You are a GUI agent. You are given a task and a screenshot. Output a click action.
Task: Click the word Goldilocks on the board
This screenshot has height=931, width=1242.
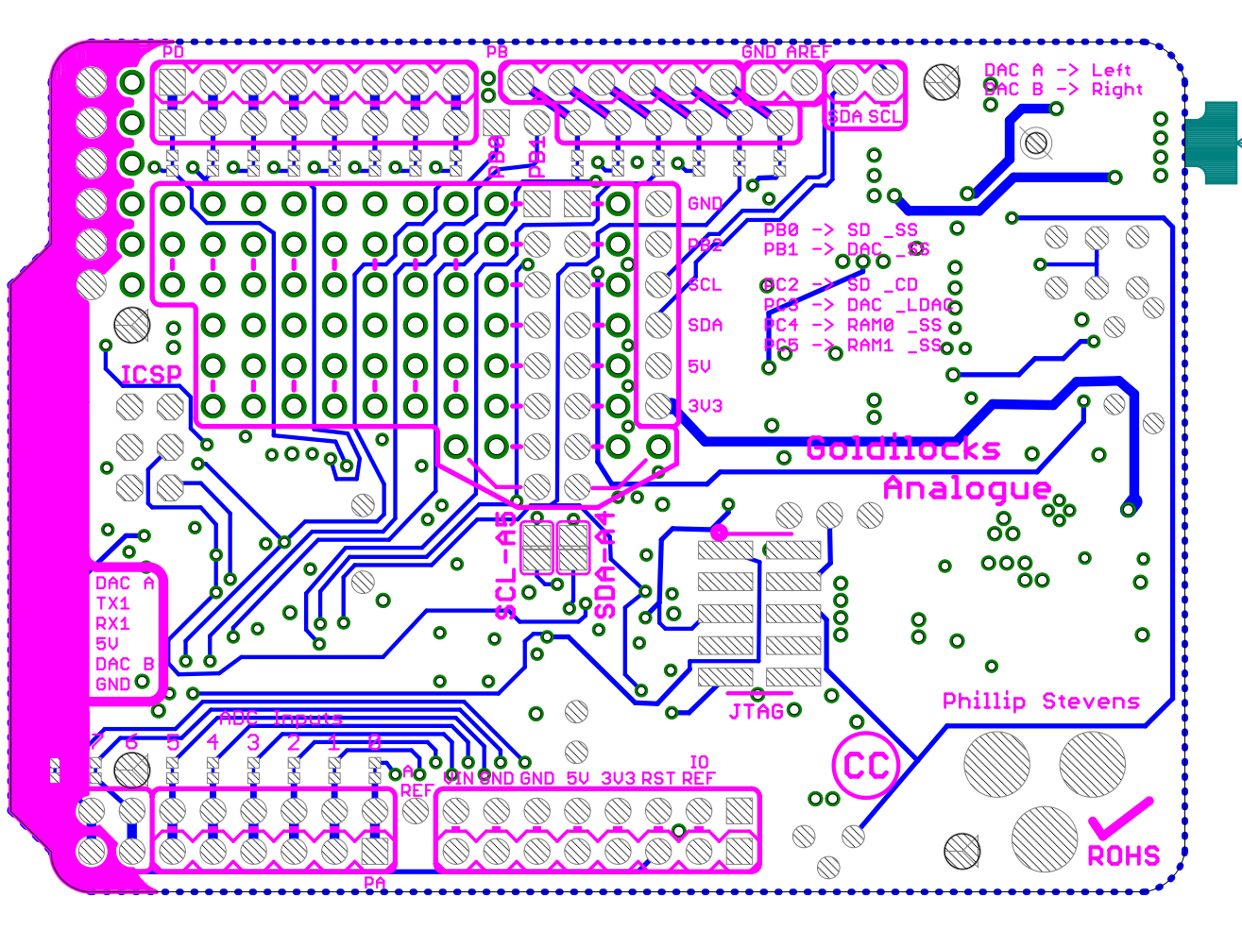pos(903,449)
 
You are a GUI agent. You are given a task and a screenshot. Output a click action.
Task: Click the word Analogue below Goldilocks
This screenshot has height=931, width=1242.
pos(966,488)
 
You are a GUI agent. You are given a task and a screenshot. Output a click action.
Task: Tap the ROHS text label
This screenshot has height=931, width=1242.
pos(1123,856)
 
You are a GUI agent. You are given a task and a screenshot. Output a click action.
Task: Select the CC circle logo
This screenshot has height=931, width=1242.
pos(866,765)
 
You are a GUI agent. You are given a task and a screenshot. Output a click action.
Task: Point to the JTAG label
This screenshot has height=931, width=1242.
pos(757,711)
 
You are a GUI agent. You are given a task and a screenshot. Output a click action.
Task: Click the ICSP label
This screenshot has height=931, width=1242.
pos(151,375)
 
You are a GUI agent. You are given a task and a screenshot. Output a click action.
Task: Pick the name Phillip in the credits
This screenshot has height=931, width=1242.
pos(984,701)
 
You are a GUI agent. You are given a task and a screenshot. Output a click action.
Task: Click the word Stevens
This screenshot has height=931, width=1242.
pos(1091,701)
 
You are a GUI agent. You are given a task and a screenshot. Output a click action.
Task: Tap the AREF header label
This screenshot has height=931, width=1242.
pos(808,52)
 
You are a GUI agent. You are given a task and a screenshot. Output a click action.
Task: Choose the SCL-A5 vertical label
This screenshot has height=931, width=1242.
pos(507,567)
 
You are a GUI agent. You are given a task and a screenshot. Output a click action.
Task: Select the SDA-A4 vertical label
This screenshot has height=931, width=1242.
pos(605,567)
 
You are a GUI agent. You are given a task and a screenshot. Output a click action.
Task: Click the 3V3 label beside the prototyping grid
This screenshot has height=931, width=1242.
pos(705,406)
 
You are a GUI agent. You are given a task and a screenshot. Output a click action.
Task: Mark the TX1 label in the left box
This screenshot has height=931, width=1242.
pos(112,603)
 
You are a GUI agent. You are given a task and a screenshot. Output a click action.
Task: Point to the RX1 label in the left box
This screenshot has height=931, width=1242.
pos(112,623)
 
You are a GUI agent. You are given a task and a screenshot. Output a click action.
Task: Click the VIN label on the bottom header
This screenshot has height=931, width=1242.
pos(459,778)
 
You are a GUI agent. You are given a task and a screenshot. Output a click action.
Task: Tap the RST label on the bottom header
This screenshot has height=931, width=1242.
pos(658,778)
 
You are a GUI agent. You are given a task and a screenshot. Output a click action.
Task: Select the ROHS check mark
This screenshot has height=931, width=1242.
pos(1120,818)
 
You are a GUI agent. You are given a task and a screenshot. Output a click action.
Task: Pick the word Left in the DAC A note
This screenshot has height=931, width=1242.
pos(1111,70)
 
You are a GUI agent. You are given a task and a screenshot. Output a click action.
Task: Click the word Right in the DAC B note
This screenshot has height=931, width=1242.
pos(1116,90)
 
